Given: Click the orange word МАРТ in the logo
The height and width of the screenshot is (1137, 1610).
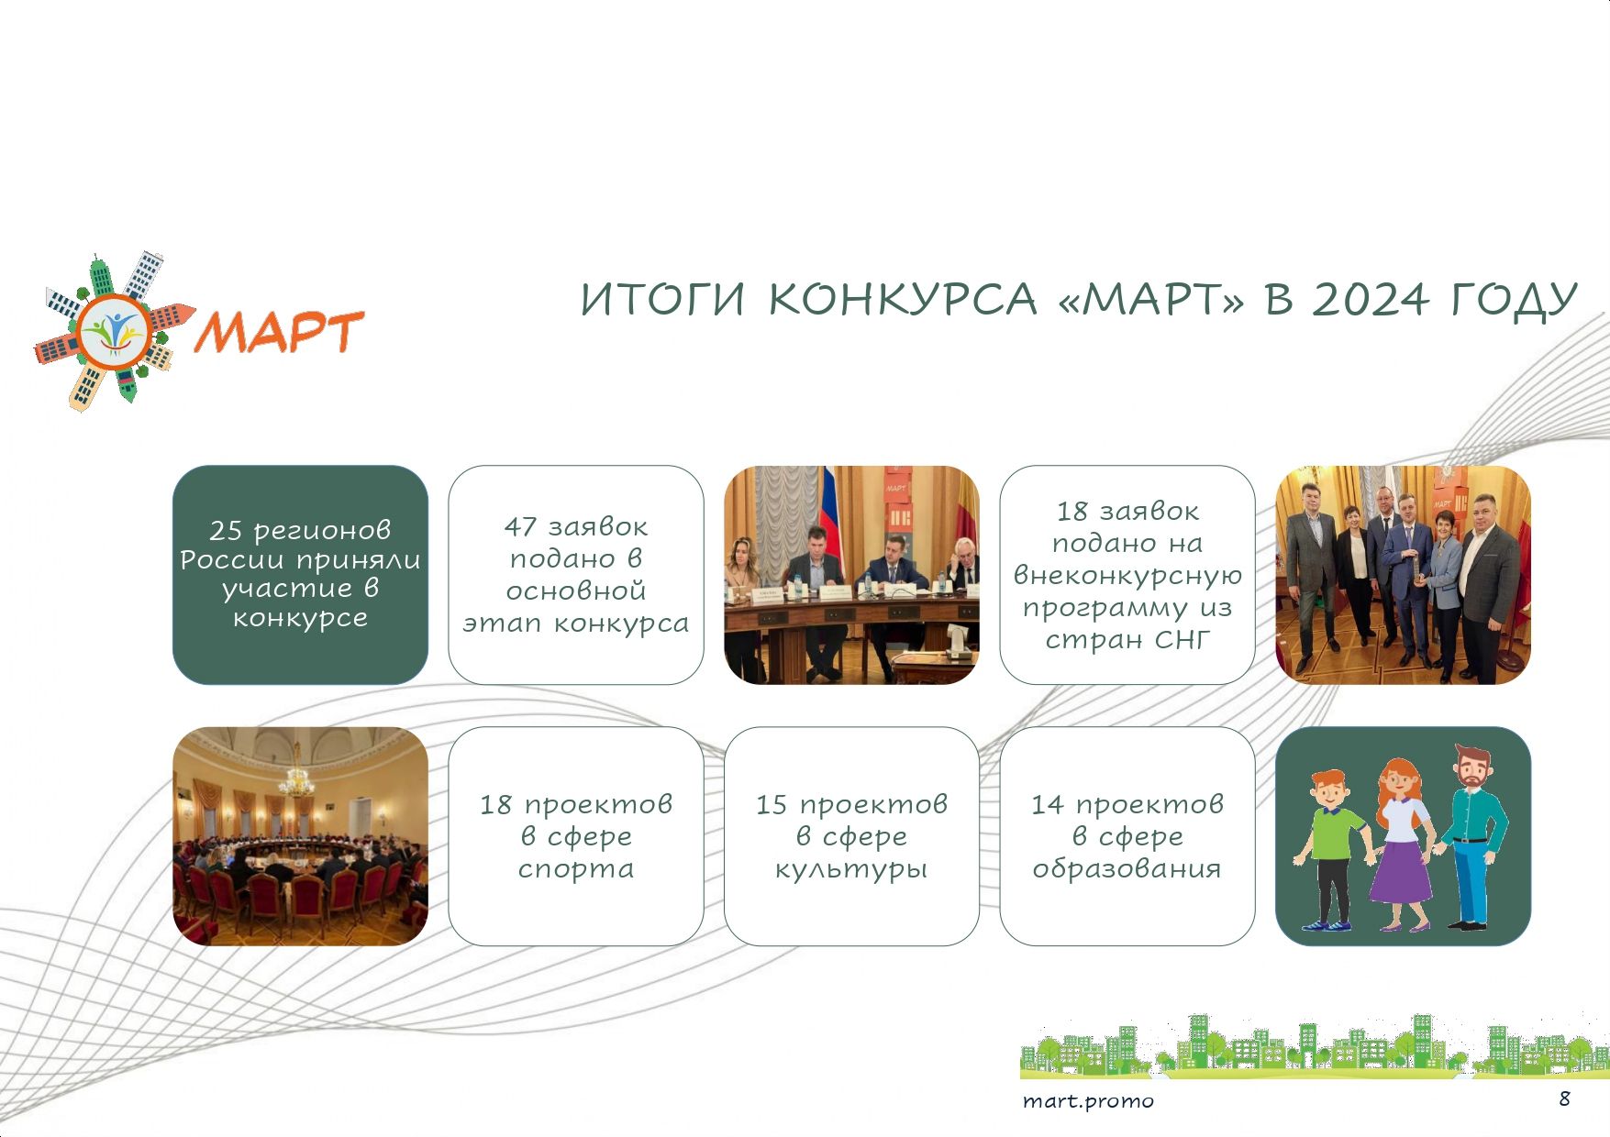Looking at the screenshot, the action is point(281,331).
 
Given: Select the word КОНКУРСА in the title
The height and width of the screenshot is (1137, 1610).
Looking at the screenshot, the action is point(902,300).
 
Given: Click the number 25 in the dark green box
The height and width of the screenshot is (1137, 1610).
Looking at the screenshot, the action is point(225,531).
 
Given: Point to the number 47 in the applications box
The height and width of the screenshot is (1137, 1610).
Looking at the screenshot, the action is point(519,527).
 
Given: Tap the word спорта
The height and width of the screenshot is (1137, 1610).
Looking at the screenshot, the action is point(576,869).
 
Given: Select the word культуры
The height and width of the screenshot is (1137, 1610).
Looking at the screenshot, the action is point(851,869).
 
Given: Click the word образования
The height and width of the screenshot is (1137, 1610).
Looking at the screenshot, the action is point(1127,868).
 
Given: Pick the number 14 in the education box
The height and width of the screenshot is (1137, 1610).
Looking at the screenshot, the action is point(1047,805).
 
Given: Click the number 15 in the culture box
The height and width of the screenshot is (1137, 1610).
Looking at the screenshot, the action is point(771,805).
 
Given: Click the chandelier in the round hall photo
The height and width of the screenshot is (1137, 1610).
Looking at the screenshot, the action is point(296,780).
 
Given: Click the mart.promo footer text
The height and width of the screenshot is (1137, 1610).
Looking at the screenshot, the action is point(1088,1101).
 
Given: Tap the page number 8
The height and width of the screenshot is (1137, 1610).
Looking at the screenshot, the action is point(1564,1098).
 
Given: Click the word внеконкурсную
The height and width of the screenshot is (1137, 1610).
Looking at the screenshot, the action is point(1127,576).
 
